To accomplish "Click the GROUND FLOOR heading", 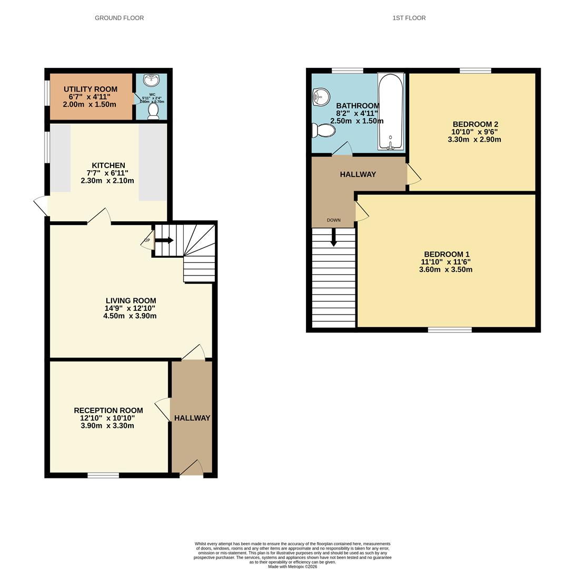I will pyautogui.click(x=119, y=18).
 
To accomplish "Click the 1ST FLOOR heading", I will pyautogui.click(x=409, y=18).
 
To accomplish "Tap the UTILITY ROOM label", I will pyautogui.click(x=90, y=90).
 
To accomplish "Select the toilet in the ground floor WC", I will pyautogui.click(x=153, y=111).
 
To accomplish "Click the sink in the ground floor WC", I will pyautogui.click(x=152, y=81).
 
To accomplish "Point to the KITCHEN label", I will pyautogui.click(x=108, y=165).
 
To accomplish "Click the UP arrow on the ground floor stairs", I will pyautogui.click(x=165, y=240).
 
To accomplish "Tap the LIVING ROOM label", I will pyautogui.click(x=131, y=301).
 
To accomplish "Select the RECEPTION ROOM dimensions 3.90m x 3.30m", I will pyautogui.click(x=107, y=426).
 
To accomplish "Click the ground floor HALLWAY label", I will pyautogui.click(x=192, y=418).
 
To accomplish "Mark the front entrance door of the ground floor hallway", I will pyautogui.click(x=192, y=469).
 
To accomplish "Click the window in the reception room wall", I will pyautogui.click(x=103, y=475).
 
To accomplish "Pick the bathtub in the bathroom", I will pyautogui.click(x=390, y=111).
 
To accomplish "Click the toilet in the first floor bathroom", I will pyautogui.click(x=323, y=130).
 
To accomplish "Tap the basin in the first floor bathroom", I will pyautogui.click(x=320, y=96).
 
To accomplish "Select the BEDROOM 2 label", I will pyautogui.click(x=475, y=124).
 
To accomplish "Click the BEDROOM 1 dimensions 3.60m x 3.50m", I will pyautogui.click(x=445, y=270).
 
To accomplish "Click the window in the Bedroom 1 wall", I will pyautogui.click(x=449, y=330).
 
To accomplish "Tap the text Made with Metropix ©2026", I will pyautogui.click(x=292, y=567).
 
